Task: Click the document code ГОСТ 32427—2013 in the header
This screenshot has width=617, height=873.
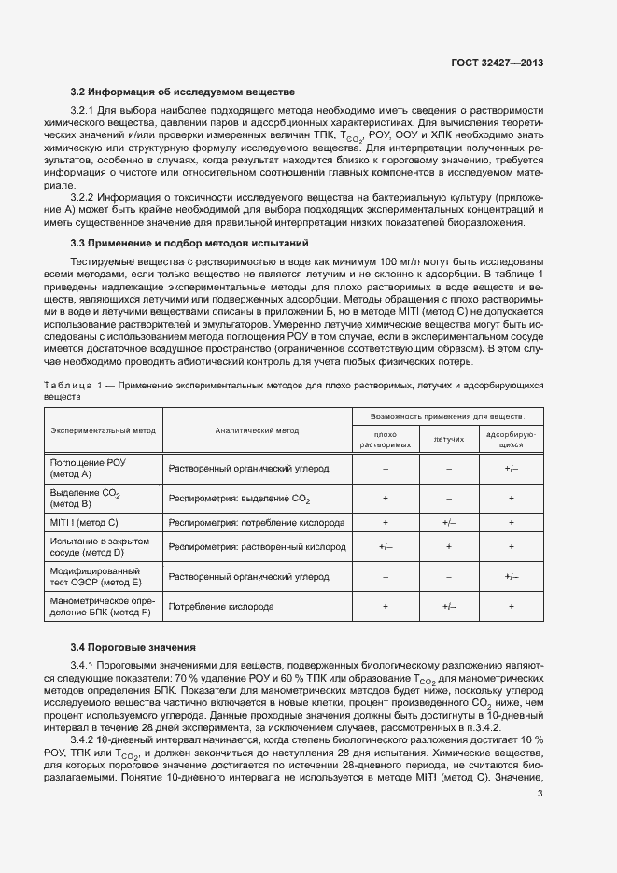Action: (x=498, y=63)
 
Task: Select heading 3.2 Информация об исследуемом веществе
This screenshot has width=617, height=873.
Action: (x=183, y=92)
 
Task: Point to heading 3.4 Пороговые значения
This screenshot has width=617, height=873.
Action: (x=133, y=646)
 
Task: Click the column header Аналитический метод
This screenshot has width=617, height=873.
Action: (x=257, y=430)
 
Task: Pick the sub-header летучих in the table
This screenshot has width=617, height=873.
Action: (x=448, y=437)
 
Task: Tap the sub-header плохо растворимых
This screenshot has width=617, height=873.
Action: (x=386, y=440)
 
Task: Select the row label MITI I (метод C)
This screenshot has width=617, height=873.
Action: (x=85, y=522)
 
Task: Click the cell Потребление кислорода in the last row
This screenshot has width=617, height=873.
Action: (x=221, y=607)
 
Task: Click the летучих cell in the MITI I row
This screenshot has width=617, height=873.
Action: (x=448, y=522)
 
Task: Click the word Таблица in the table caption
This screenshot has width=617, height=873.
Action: (x=68, y=385)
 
